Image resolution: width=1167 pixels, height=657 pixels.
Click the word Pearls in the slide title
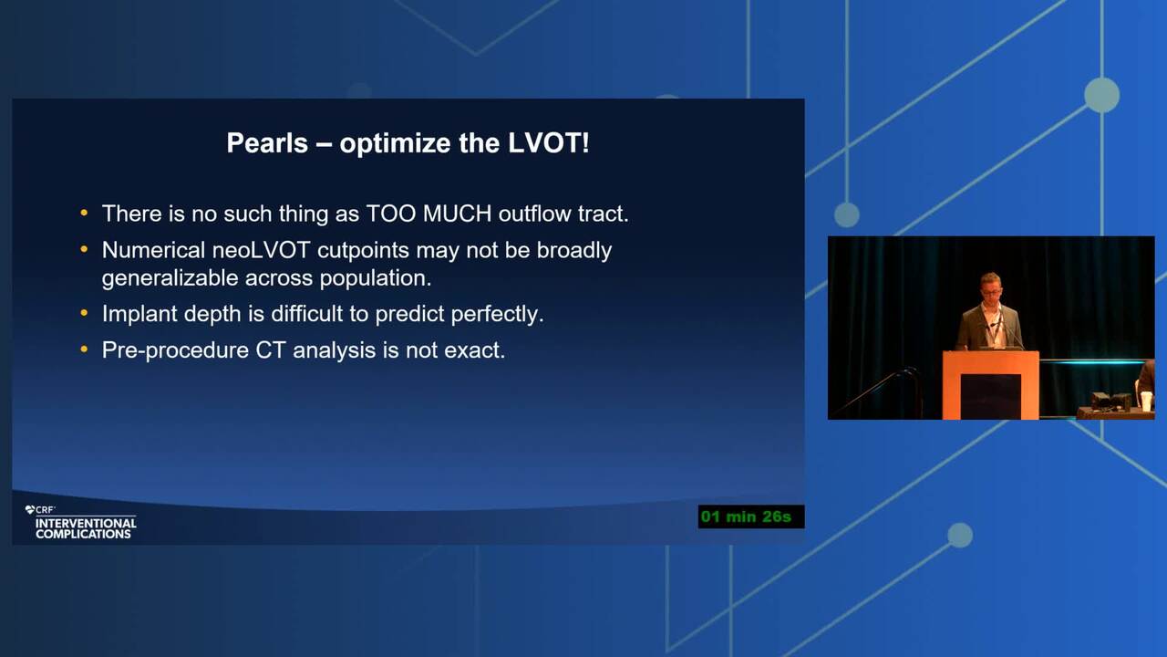[x=267, y=143]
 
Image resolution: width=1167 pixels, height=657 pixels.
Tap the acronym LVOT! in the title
[x=549, y=143]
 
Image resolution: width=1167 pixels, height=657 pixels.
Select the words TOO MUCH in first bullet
[x=429, y=214]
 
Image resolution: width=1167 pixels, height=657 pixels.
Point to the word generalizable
[x=170, y=278]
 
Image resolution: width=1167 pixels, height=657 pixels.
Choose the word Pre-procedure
[x=175, y=350]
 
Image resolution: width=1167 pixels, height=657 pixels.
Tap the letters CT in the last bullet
[x=270, y=350]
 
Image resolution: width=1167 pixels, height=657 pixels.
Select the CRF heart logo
[x=30, y=509]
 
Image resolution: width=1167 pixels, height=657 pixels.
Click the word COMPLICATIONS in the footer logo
[x=83, y=534]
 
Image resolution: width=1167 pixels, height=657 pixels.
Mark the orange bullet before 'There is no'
[x=84, y=213]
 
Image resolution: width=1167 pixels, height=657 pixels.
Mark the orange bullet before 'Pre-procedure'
[x=84, y=349]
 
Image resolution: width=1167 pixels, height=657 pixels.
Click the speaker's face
[x=990, y=287]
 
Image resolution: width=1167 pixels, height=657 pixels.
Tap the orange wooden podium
[x=990, y=385]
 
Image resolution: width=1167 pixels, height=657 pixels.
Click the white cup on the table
[x=1146, y=401]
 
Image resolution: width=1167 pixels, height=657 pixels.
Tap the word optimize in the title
[x=395, y=143]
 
